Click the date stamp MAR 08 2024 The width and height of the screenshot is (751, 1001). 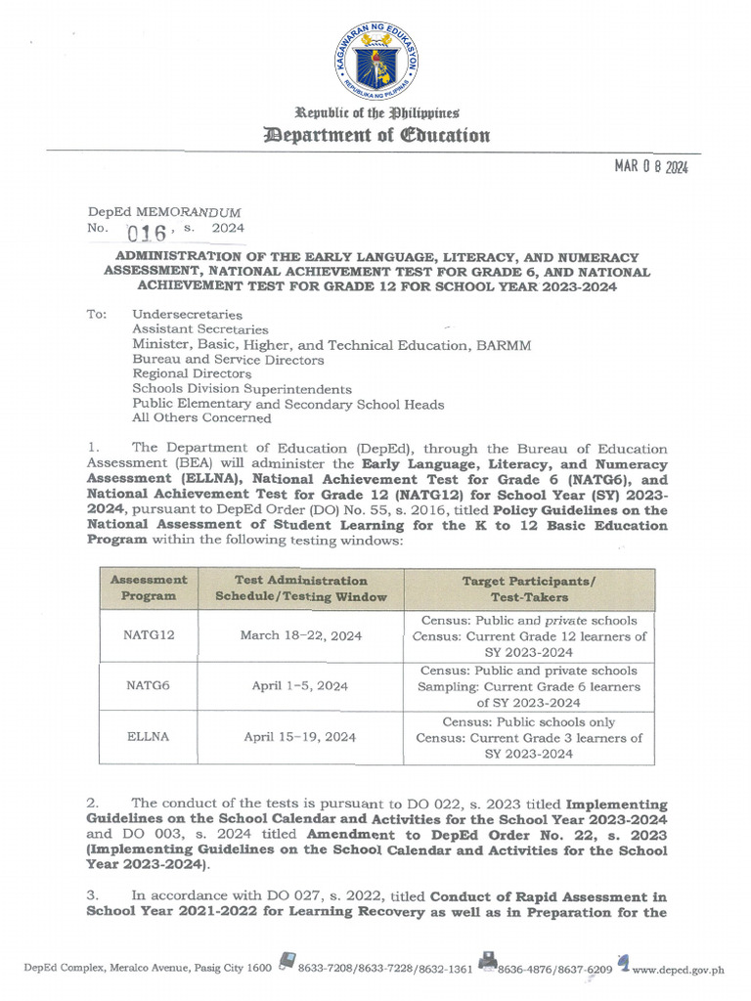tap(651, 167)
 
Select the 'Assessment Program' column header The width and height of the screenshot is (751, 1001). tap(149, 588)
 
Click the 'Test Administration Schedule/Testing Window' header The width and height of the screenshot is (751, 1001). tap(300, 588)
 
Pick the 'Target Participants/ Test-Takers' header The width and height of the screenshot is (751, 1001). tap(529, 588)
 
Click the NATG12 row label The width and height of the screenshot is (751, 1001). tap(149, 635)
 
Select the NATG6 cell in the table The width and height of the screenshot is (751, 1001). tap(149, 686)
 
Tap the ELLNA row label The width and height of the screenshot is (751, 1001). tap(149, 737)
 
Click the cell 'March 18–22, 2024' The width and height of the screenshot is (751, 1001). tap(300, 635)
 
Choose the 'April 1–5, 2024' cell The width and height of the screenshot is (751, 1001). tap(300, 686)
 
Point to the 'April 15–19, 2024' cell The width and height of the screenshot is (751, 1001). tap(300, 737)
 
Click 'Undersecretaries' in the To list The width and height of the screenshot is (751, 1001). tap(187, 315)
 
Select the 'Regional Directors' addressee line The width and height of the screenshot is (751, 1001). tap(192, 373)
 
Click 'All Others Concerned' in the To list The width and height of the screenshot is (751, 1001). tap(201, 417)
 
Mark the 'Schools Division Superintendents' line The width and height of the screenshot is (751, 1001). tap(242, 388)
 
